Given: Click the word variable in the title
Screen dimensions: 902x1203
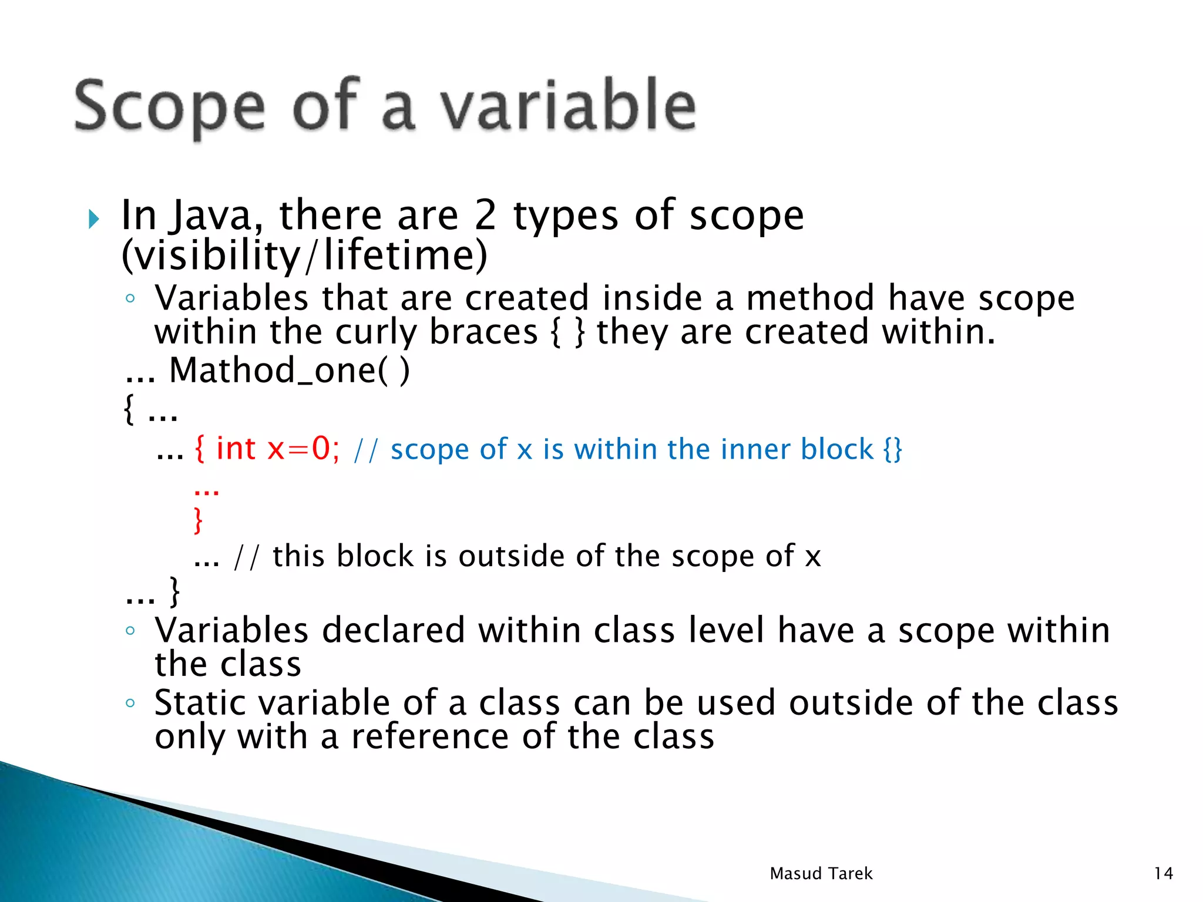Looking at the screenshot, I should click(569, 106).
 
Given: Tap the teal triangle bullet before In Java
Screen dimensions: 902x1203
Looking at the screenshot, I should click(94, 219).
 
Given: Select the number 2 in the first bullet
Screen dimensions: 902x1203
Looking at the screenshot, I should click(485, 216).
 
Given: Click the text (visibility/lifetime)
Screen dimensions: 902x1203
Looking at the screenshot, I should click(304, 255).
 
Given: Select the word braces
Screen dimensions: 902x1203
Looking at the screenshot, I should click(483, 332).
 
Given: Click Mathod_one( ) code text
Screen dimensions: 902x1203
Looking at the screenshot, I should click(289, 371).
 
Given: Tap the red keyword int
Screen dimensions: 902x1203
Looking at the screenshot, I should click(236, 449).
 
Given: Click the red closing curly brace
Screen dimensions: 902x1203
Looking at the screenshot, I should click(199, 520).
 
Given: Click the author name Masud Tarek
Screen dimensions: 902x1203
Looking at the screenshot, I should click(821, 874).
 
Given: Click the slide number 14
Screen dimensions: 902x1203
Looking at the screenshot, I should click(1163, 874).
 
